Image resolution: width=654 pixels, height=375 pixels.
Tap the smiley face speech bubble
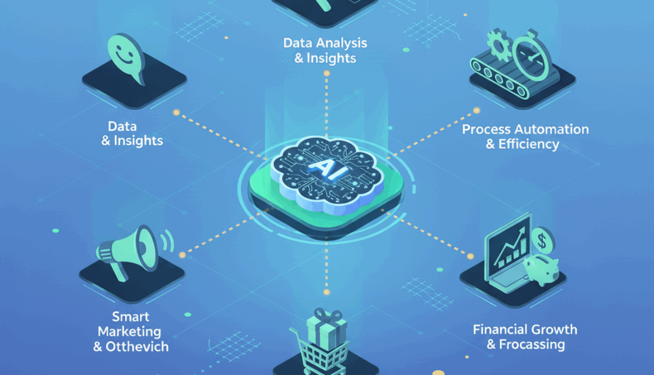126,58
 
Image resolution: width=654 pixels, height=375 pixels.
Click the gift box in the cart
326,329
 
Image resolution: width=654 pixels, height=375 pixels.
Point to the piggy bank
541,269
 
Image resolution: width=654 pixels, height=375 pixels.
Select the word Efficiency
528,144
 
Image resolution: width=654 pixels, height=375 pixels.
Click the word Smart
131,316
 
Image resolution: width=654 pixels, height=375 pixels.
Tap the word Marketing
129,332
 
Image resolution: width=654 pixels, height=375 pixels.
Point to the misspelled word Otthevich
137,347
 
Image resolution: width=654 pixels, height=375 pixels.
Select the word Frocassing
532,345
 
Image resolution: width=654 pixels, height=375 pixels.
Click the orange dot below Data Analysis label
326,73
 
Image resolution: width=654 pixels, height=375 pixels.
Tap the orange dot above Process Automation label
476,111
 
